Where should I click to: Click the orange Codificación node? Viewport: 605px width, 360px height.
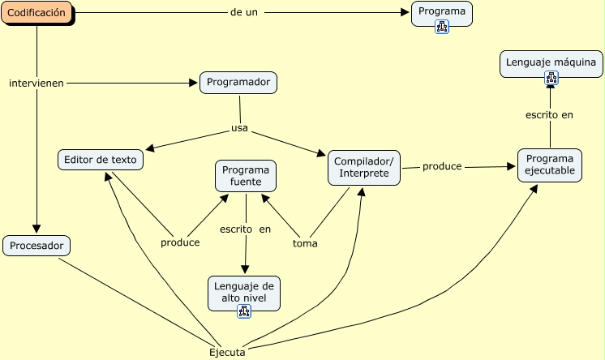(x=36, y=13)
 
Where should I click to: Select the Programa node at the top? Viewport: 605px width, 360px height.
(x=441, y=11)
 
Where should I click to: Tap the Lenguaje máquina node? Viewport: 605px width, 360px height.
(x=551, y=62)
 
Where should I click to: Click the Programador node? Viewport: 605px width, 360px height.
(x=238, y=82)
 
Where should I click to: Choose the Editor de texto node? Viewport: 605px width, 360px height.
(x=101, y=159)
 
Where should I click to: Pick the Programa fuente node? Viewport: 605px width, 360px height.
(x=246, y=176)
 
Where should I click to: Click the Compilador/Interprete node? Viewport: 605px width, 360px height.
(x=364, y=167)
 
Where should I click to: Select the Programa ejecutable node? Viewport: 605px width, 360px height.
(x=550, y=165)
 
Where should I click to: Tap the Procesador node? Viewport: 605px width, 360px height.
(x=36, y=245)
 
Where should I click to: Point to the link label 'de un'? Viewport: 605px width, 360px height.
(x=244, y=13)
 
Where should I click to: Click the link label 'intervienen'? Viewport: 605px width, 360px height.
(x=36, y=83)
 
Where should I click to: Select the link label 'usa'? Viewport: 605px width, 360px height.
(x=239, y=128)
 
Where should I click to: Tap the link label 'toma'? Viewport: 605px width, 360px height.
(x=305, y=242)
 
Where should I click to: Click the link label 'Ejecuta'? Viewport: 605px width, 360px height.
(x=227, y=352)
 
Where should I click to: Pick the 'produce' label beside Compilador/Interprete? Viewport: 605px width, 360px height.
(x=442, y=166)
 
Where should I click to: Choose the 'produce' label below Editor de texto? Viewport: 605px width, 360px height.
(x=180, y=242)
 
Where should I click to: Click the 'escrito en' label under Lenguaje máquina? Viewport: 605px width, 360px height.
(x=549, y=115)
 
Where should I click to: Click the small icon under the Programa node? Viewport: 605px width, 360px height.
(x=442, y=26)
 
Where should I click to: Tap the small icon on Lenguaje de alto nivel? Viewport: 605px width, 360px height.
(x=244, y=311)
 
